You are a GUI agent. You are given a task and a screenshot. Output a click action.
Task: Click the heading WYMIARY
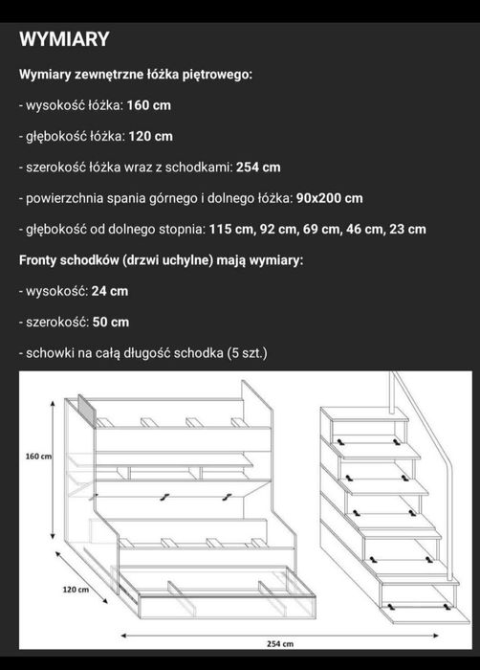pos(64,39)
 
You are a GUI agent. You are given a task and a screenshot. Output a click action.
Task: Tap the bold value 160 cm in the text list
pos(149,104)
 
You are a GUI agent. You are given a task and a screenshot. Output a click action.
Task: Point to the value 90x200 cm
pos(329,198)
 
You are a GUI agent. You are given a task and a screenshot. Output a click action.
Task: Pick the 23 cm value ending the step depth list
pos(405,229)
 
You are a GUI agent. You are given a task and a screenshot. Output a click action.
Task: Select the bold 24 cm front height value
pos(108,291)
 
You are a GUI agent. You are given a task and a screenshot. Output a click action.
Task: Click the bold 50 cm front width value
pos(109,322)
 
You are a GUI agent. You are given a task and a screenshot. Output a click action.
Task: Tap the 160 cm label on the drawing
pos(39,458)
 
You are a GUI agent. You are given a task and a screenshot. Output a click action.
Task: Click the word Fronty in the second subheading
pos(40,259)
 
